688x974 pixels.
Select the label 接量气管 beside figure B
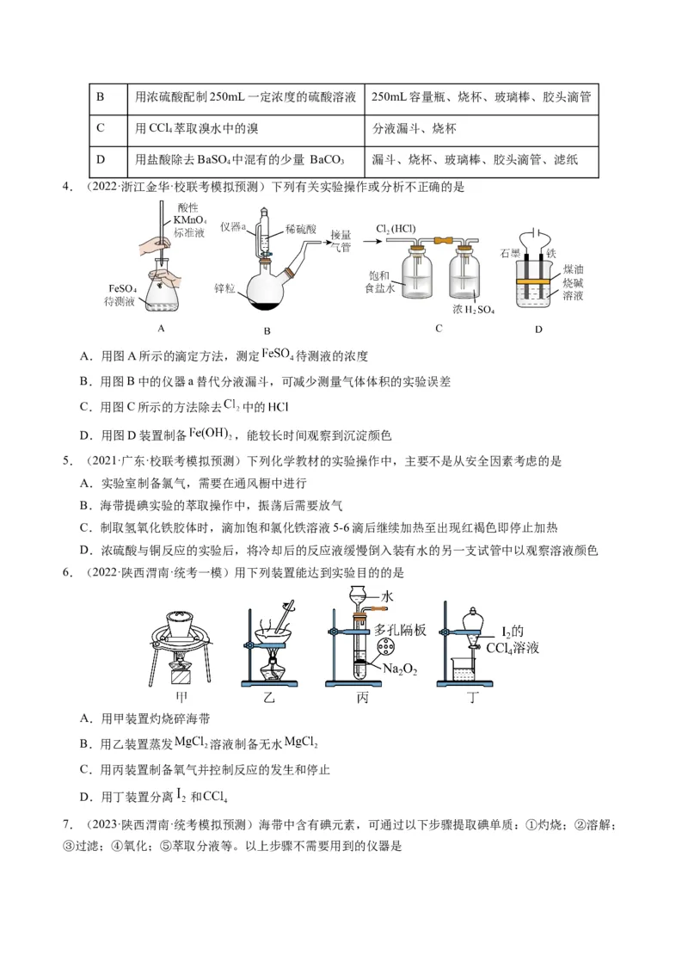341,240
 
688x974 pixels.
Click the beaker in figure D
539,284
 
